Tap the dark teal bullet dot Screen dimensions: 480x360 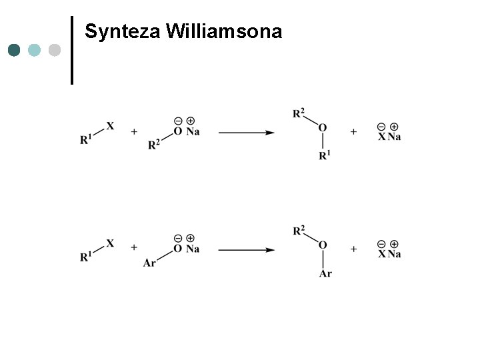[14, 50]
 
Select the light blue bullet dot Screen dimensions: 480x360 [34, 50]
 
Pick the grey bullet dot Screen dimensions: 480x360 [55, 50]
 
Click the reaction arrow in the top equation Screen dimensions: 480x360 [247, 133]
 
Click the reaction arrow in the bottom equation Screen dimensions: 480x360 [247, 250]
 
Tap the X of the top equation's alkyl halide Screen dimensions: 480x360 [110, 125]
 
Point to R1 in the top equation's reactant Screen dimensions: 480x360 [86, 140]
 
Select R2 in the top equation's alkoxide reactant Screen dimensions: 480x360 [154, 145]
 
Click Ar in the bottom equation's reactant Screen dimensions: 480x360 [149, 263]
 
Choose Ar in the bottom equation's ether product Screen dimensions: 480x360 [325, 273]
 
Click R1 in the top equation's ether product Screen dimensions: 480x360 [325, 156]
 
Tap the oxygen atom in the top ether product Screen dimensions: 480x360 [323, 128]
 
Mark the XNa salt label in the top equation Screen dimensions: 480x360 [389, 137]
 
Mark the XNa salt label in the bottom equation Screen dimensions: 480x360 [389, 254]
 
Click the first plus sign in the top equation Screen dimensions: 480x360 [134, 132]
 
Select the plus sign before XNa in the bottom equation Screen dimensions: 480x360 [353, 249]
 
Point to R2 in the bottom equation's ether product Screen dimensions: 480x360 [299, 231]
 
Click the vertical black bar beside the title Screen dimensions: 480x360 [71, 50]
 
